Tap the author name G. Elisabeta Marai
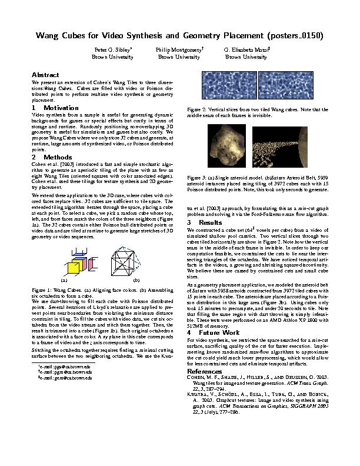tap(246, 51)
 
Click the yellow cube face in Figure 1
tap(74, 268)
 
